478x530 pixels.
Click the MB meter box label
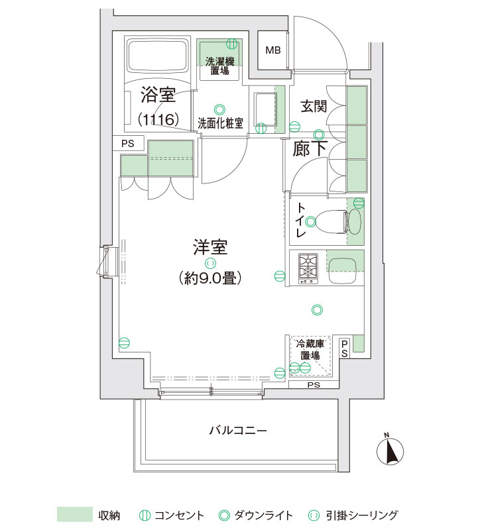(x=273, y=50)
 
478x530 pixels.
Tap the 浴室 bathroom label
(x=158, y=95)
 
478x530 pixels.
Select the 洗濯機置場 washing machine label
(x=219, y=66)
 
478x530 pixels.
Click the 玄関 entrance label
(x=314, y=106)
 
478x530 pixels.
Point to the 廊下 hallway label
(x=310, y=148)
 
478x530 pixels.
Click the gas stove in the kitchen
(x=308, y=269)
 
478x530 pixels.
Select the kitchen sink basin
(x=342, y=272)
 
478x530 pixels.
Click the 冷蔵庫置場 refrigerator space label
(x=310, y=350)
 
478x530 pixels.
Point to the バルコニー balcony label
(x=238, y=431)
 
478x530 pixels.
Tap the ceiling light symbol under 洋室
(x=210, y=263)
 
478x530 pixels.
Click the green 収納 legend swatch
(x=75, y=515)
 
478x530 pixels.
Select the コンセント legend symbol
(x=145, y=515)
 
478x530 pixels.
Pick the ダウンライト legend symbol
(x=224, y=515)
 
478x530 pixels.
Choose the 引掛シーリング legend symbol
(x=314, y=515)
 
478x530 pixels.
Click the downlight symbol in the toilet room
(x=311, y=222)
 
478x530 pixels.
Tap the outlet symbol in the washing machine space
(x=232, y=43)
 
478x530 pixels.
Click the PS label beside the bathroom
(x=127, y=144)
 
